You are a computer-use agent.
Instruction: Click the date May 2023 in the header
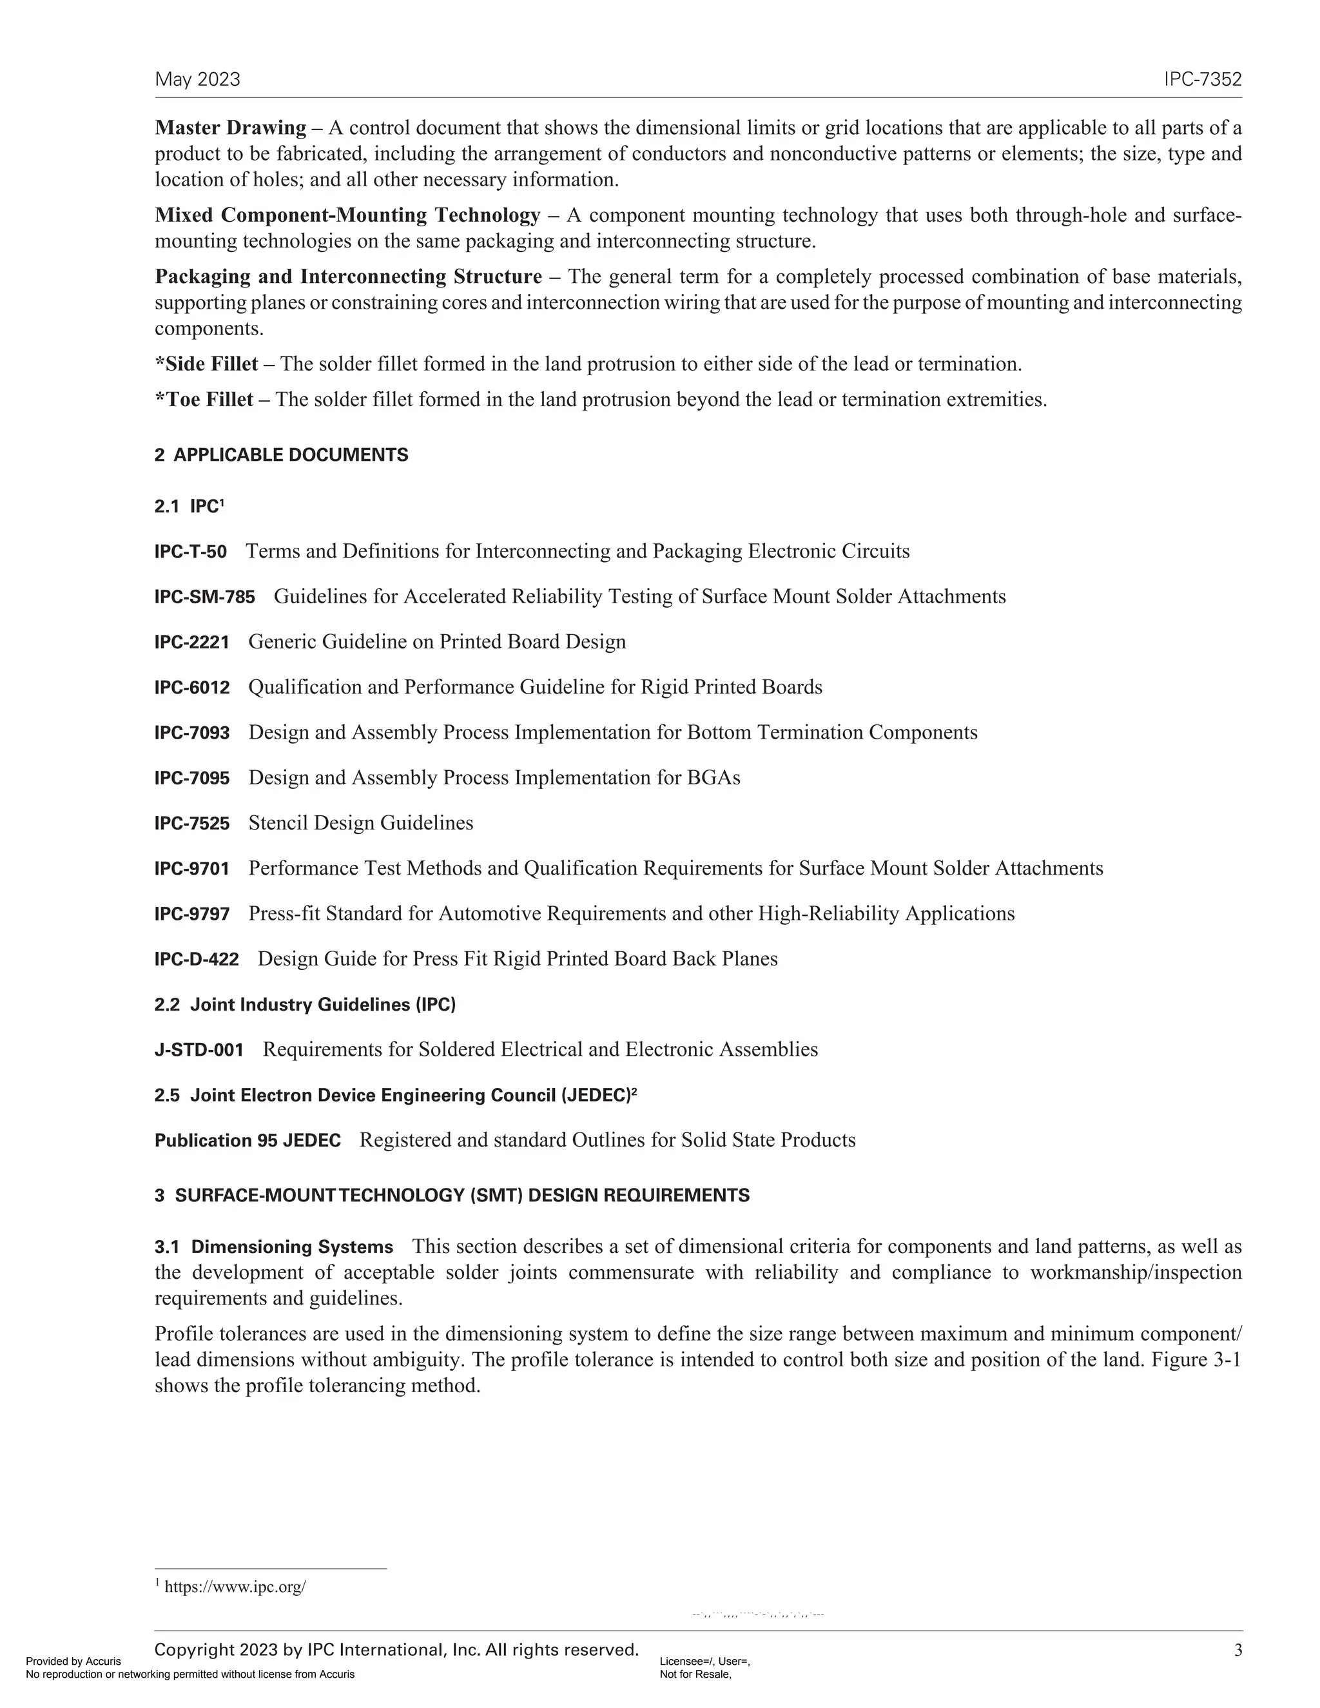pos(197,80)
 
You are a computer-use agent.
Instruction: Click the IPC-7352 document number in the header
pos(1202,80)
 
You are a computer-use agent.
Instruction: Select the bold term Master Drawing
pos(230,128)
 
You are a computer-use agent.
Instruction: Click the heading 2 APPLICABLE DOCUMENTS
pos(282,455)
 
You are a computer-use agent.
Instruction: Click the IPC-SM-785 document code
pos(204,597)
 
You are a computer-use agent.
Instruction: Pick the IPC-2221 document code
pos(191,643)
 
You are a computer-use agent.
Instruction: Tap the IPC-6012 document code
pos(191,688)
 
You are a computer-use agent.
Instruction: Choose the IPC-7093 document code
pos(191,733)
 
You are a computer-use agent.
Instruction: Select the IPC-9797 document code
pos(191,914)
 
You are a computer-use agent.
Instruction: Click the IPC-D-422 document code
pos(197,960)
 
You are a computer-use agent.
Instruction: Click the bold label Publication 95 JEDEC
pos(248,1141)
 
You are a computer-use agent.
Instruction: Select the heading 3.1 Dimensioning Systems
pos(274,1247)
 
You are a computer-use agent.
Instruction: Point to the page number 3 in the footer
pos(1237,1650)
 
